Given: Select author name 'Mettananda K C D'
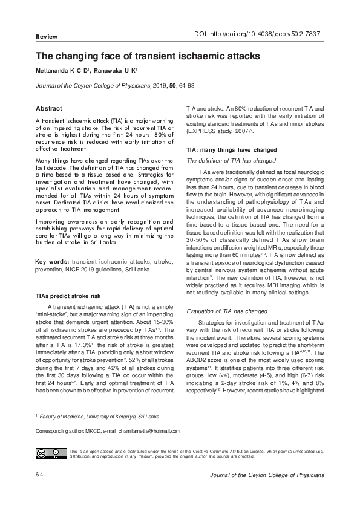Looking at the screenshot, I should (62, 71).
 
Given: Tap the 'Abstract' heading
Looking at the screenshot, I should (50, 109).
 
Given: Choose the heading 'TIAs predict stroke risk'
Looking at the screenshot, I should (68, 297).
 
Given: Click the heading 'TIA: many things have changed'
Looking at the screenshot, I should (223, 149).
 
